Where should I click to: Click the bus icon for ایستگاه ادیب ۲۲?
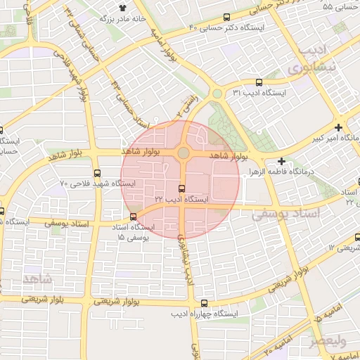[182, 188]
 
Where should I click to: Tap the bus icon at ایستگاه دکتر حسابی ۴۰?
[226, 18]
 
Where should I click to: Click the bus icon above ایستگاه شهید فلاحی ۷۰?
[97, 173]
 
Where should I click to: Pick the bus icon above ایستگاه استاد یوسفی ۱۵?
[134, 216]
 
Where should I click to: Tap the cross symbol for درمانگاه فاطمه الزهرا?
[281, 161]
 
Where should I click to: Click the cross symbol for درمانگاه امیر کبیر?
[339, 128]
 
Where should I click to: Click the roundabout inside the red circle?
[183, 153]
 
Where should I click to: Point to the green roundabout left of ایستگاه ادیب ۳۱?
[217, 94]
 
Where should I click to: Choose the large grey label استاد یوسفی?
[290, 212]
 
